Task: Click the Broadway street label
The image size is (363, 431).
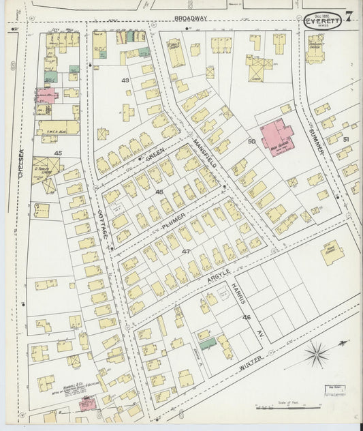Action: click(190, 18)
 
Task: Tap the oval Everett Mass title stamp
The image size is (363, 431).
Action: click(323, 20)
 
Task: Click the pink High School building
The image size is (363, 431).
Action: click(277, 137)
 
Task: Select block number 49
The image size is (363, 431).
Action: click(125, 80)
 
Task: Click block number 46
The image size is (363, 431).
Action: click(247, 317)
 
